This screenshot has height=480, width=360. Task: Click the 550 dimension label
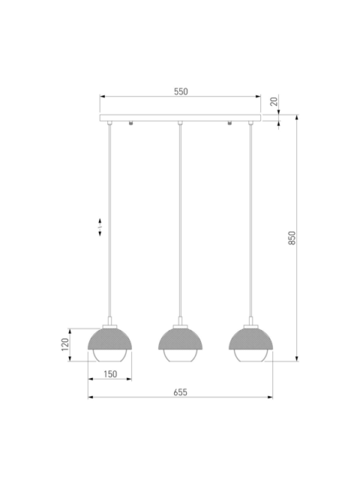click(x=181, y=91)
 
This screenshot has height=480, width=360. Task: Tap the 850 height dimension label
click(x=292, y=238)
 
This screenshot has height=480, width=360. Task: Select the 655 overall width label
click(x=180, y=392)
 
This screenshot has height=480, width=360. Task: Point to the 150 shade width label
click(x=110, y=374)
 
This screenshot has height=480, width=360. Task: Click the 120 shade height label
click(x=65, y=345)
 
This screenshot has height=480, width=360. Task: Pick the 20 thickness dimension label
click(x=274, y=101)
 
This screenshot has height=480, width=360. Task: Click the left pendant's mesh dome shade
click(x=110, y=340)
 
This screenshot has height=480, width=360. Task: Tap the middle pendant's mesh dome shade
click(x=180, y=340)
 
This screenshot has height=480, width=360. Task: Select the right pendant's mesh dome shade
click(x=250, y=340)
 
